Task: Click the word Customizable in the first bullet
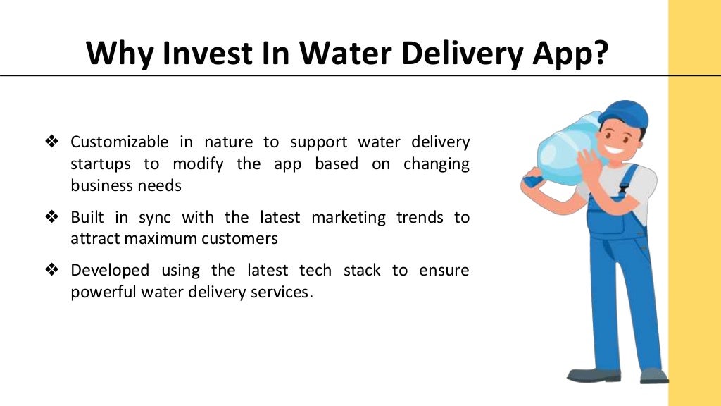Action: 120,142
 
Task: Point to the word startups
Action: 101,164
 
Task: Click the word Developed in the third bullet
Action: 110,270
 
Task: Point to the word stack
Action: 362,270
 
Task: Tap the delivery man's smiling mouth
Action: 614,150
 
